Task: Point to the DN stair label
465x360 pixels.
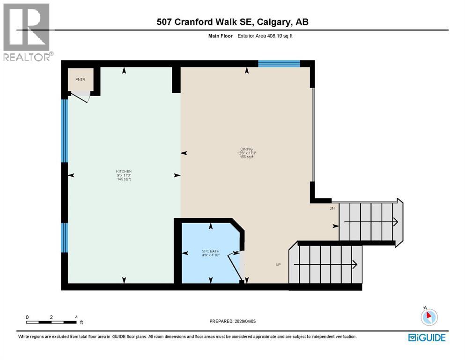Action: pyautogui.click(x=332, y=208)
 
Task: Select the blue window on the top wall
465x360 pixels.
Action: pyautogui.click(x=279, y=64)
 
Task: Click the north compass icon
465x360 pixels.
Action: pyautogui.click(x=429, y=317)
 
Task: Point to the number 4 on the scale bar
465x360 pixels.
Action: pyautogui.click(x=76, y=317)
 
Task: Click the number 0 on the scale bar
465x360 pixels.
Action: pyautogui.click(x=27, y=317)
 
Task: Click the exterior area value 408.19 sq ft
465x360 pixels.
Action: pyautogui.click(x=277, y=35)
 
